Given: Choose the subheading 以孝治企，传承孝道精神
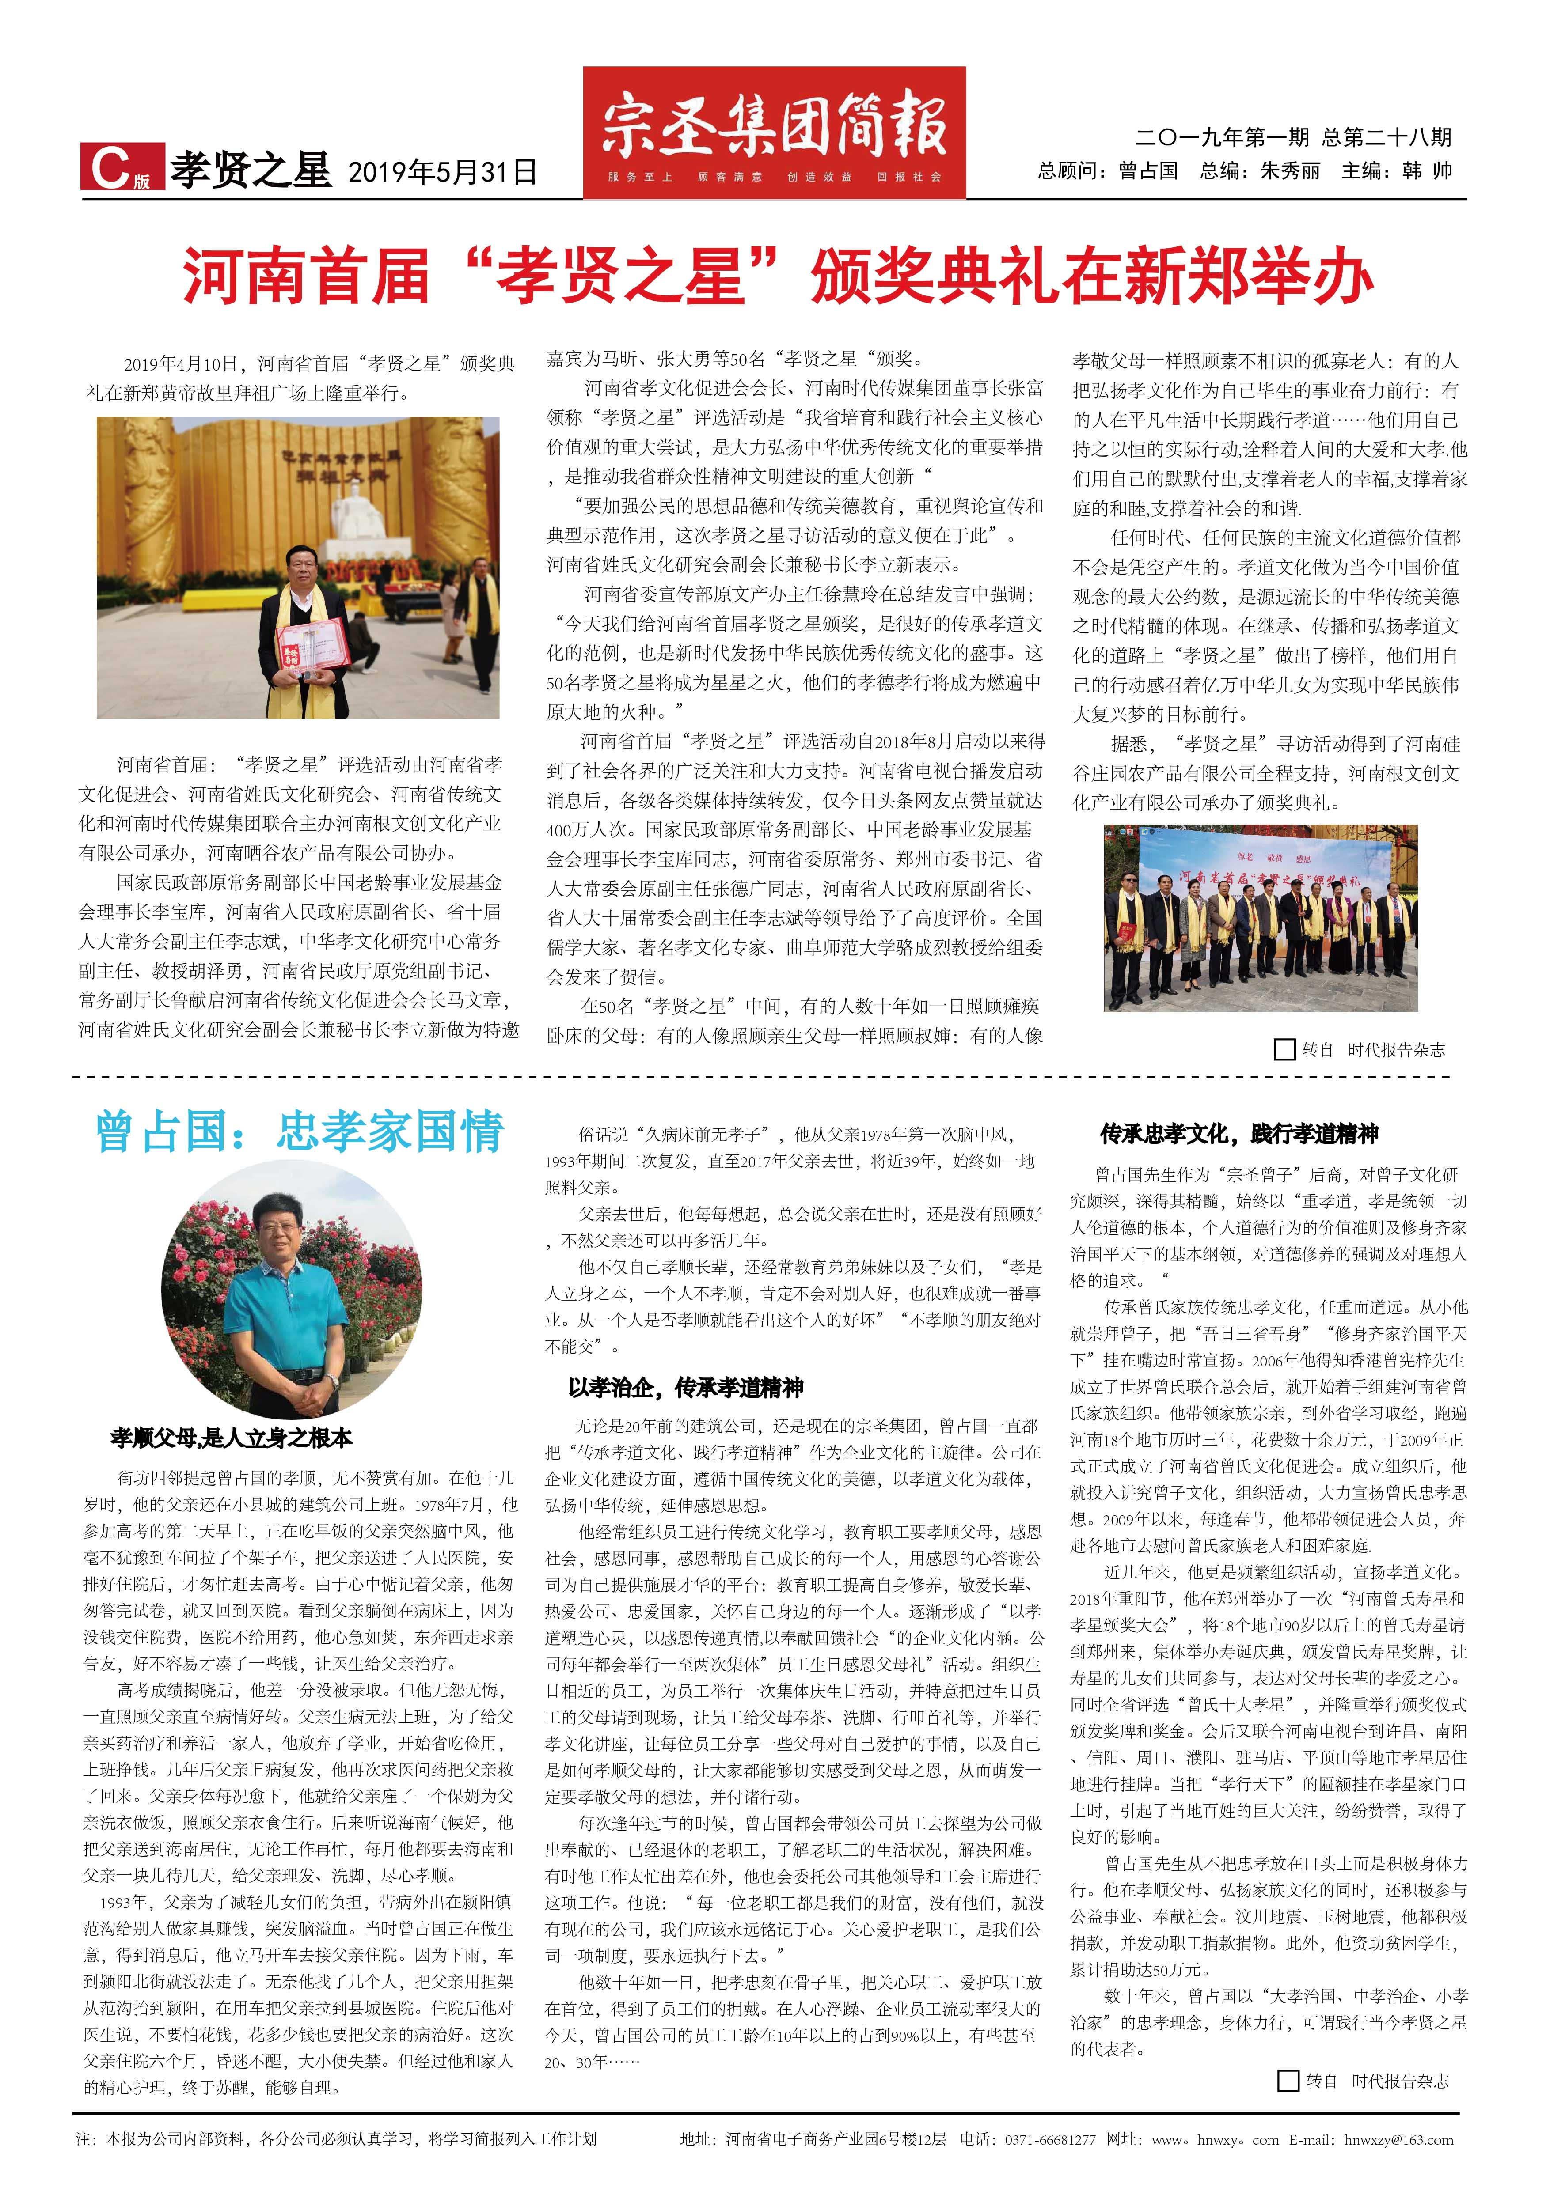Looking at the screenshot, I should click(x=685, y=1388).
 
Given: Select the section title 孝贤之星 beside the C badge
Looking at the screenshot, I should click(x=250, y=170).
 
